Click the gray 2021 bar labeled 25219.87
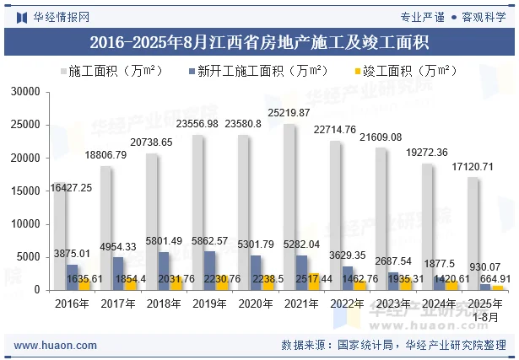[x=289, y=207]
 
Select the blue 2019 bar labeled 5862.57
[x=209, y=270]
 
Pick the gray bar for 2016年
[x=60, y=236]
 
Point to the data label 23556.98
[x=197, y=124]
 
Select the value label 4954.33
[x=118, y=246]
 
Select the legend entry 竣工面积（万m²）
[x=404, y=71]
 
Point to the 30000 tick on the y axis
[x=26, y=91]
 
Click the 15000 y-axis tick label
[x=26, y=191]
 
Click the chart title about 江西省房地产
[x=259, y=40]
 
